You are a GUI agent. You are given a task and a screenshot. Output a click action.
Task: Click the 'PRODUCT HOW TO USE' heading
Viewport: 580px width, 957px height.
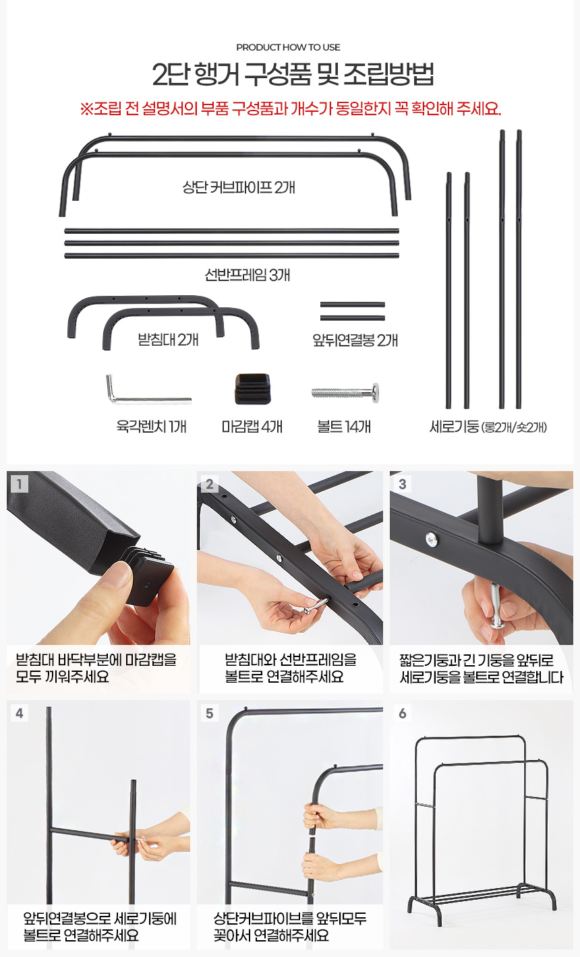click(x=288, y=47)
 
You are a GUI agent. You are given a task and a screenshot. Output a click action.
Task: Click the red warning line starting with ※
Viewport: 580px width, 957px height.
click(x=290, y=109)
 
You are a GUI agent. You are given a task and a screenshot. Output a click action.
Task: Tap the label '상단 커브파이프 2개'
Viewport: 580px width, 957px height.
click(x=239, y=187)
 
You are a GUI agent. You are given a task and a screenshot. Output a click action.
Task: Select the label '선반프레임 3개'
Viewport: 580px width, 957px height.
click(x=248, y=275)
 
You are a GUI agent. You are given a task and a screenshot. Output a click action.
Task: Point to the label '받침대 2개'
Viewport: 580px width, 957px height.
click(x=168, y=340)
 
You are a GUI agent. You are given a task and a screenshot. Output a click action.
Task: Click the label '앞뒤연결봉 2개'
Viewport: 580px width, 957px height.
click(x=355, y=340)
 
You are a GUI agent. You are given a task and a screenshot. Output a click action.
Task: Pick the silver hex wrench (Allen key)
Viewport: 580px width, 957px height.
click(x=148, y=390)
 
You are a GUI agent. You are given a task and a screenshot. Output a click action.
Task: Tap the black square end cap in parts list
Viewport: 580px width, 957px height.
click(x=253, y=389)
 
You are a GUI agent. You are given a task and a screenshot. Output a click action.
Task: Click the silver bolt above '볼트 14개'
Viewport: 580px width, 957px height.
click(x=345, y=393)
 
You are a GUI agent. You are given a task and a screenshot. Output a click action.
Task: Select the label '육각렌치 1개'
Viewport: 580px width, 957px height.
click(x=151, y=427)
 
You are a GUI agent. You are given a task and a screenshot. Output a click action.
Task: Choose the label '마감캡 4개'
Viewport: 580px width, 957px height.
click(x=252, y=427)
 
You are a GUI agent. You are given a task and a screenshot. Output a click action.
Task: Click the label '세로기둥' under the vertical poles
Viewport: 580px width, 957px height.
click(x=454, y=427)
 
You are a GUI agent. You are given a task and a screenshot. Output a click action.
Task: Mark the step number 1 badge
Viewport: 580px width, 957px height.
click(x=20, y=484)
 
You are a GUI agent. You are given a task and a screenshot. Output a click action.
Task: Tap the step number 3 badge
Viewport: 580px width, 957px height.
click(x=402, y=484)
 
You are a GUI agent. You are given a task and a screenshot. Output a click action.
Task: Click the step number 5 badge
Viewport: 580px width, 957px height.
click(x=210, y=713)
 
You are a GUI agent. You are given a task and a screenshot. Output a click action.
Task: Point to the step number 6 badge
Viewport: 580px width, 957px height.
click(x=402, y=713)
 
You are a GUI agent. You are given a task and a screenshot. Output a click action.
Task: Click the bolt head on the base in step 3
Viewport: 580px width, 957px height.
click(x=431, y=539)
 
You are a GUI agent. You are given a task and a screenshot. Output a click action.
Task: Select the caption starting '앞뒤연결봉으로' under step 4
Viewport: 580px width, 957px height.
click(x=100, y=926)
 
